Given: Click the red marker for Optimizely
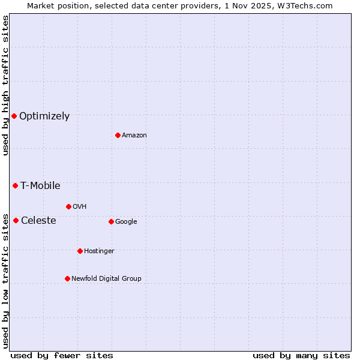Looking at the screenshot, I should (14, 116).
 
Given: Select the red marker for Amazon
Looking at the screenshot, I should (118, 135).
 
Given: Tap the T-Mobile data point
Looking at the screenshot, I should (15, 185).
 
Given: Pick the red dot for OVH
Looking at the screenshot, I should (68, 206).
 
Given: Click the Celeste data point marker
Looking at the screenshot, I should (16, 220).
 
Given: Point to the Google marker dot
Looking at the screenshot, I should (111, 221).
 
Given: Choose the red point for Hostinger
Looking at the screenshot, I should (80, 251).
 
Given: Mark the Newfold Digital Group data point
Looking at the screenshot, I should (67, 278).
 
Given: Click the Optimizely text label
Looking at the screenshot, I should (44, 116).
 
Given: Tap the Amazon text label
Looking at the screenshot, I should (134, 136).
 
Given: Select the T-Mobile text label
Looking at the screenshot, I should (40, 186).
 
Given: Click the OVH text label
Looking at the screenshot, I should (80, 207).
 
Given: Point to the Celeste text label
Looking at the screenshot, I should (38, 221).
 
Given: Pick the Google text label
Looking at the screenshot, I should (126, 222).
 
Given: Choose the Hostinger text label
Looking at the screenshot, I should (99, 251).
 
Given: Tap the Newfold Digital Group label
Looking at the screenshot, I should (106, 279).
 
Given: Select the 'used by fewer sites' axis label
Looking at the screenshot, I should (62, 356).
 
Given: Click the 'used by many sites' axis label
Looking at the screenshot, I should (301, 356).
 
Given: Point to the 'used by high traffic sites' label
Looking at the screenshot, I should (5, 85).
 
